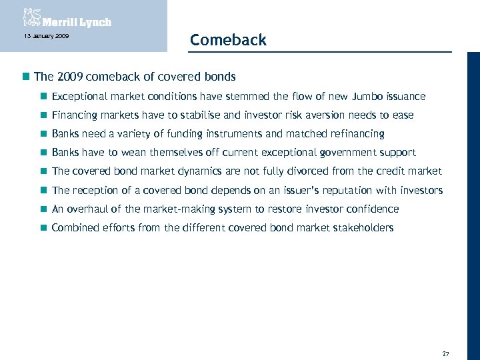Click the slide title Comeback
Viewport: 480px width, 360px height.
point(228,40)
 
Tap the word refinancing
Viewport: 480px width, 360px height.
point(352,134)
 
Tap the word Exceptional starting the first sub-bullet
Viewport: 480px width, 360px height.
point(77,97)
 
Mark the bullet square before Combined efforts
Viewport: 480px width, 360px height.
point(44,228)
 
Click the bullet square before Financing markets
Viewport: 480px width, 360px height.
point(44,116)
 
